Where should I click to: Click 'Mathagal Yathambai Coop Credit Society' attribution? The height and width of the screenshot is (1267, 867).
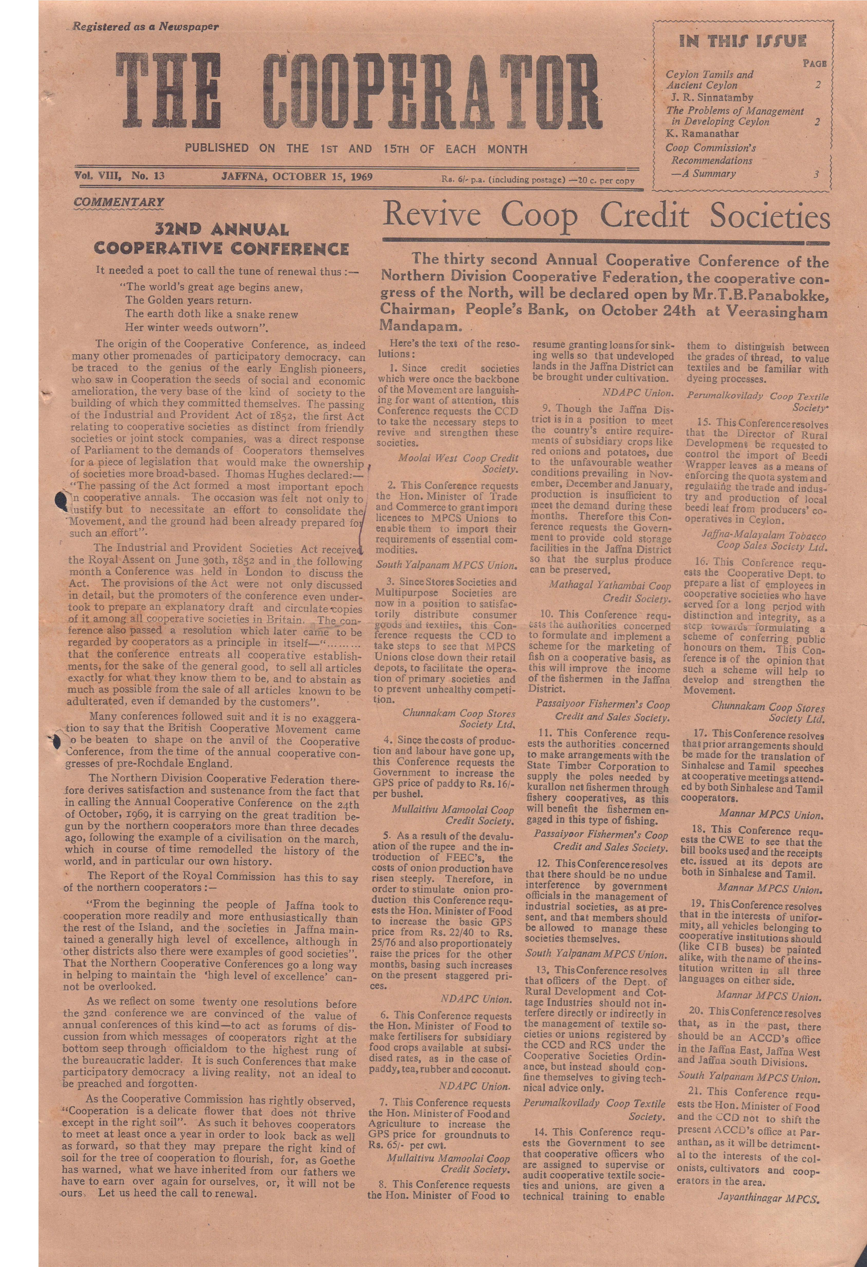(609, 592)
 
